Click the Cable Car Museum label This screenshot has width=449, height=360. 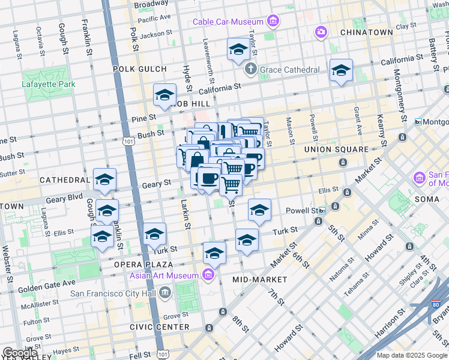click(x=229, y=22)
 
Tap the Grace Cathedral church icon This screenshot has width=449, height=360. click(x=251, y=69)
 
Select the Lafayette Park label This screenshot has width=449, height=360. click(x=49, y=84)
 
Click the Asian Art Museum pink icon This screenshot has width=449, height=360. click(x=208, y=275)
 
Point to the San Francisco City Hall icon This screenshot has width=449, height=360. click(x=165, y=293)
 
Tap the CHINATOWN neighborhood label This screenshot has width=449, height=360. click(x=366, y=32)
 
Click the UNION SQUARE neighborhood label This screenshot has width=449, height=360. click(x=336, y=149)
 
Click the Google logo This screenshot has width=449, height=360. click(x=20, y=352)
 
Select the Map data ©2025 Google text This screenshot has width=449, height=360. click(x=412, y=355)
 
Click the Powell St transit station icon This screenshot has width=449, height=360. click(x=323, y=211)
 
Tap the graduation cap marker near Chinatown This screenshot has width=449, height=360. click(x=341, y=71)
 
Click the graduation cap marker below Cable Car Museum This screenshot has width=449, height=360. click(x=238, y=50)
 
